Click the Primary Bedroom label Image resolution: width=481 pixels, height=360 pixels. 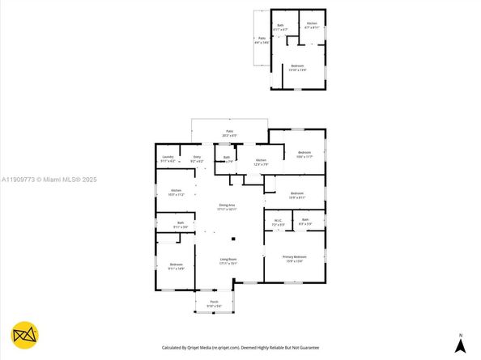point(292,258)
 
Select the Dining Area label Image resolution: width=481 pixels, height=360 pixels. point(227,205)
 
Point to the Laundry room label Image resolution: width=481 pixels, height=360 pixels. point(168,158)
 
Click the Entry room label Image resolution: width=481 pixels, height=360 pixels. point(196,158)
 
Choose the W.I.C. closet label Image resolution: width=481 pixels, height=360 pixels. point(278,220)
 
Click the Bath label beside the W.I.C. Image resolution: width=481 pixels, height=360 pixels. point(305,220)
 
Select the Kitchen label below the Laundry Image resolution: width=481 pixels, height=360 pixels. point(176,193)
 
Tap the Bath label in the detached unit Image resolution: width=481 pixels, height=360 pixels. point(281,27)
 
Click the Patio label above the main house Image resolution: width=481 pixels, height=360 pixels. point(229,133)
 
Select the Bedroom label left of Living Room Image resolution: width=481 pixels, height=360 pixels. point(176,266)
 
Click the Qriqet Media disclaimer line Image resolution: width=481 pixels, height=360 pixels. point(240,347)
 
